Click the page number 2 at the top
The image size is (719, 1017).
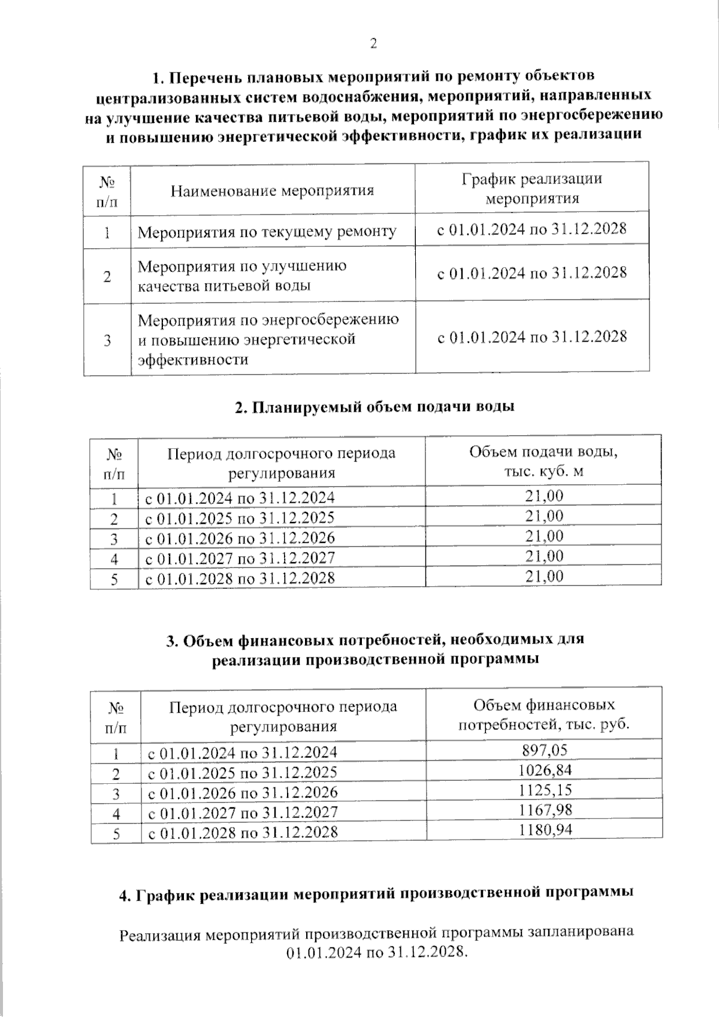point(373,44)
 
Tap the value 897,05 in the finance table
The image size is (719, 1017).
point(545,749)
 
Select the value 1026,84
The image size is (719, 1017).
point(545,769)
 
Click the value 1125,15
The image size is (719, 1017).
point(545,790)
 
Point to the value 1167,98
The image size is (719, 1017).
point(545,810)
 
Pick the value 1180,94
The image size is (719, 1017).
point(545,830)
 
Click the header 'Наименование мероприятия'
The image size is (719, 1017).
point(273,191)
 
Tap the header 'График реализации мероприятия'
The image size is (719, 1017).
point(531,188)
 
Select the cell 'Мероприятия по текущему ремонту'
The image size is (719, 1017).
point(267,231)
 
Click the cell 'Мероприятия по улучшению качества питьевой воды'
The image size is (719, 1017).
point(242,275)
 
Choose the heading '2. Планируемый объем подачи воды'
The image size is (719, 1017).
point(374,407)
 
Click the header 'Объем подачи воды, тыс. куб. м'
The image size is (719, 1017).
point(543,461)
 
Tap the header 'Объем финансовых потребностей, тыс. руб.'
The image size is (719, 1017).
point(544,714)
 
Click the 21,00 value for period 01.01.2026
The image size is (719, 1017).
point(544,536)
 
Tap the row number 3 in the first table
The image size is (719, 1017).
point(107,340)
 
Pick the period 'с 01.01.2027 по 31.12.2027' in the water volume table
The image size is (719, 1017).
point(240,558)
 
